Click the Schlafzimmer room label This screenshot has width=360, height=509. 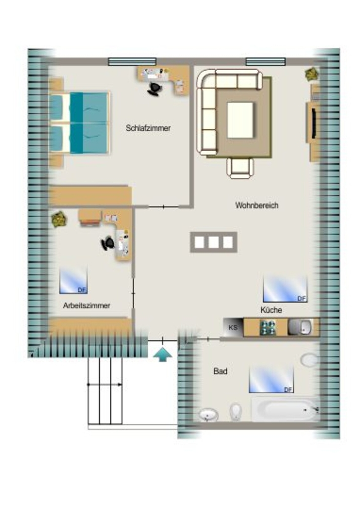[x=148, y=128]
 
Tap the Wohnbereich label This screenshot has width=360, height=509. [x=257, y=205]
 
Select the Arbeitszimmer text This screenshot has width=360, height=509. [x=87, y=306]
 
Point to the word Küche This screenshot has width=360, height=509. [x=271, y=310]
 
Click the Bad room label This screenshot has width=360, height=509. [x=220, y=371]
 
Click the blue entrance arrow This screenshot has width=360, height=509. [x=162, y=354]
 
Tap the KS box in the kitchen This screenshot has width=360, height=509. [x=233, y=327]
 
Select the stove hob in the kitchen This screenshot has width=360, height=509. [x=268, y=327]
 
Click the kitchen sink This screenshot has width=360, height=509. [x=300, y=327]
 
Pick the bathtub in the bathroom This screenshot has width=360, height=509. [x=285, y=410]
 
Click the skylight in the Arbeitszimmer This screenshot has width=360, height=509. [x=74, y=280]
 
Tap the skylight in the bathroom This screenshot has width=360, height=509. [x=271, y=380]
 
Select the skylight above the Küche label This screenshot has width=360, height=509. [x=285, y=289]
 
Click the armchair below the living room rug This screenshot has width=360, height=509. [x=240, y=168]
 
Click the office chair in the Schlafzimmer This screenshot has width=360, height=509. [x=155, y=89]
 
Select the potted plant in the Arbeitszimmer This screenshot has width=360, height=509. [x=59, y=219]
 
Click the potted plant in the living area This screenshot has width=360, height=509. [x=312, y=74]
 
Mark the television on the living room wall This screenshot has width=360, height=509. [x=314, y=123]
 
